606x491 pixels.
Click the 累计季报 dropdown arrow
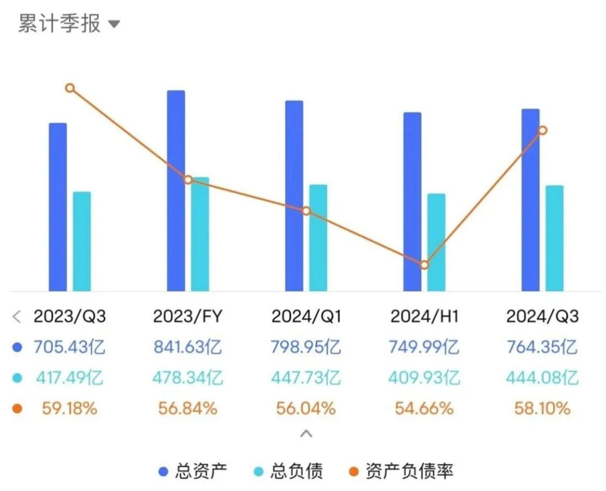click(x=114, y=24)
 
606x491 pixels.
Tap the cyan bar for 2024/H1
click(x=436, y=242)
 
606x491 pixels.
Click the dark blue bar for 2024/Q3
click(x=530, y=200)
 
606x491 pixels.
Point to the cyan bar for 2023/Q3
click(x=82, y=241)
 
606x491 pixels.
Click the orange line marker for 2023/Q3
click(x=70, y=88)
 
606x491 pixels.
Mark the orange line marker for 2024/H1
click(x=424, y=265)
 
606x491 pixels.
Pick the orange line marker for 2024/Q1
click(x=306, y=211)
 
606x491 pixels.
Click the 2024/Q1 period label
click(x=306, y=316)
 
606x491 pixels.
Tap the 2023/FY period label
click(x=187, y=316)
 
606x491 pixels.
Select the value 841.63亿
click(x=187, y=347)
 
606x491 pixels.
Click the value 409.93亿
click(x=424, y=378)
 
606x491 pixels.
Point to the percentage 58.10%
click(x=542, y=408)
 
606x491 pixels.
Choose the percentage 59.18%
click(x=69, y=408)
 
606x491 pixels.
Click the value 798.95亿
click(x=306, y=347)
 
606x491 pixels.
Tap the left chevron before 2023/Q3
click(x=17, y=316)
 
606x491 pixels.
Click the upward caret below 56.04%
click(x=306, y=433)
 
